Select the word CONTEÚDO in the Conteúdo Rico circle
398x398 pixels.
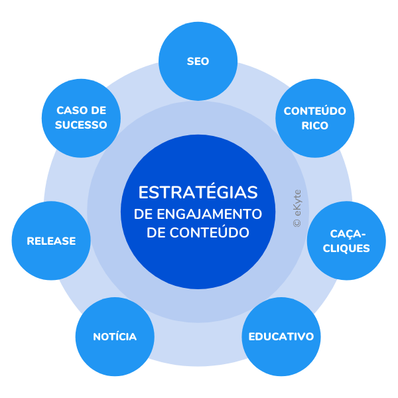(x=315, y=111)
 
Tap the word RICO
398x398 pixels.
(x=315, y=125)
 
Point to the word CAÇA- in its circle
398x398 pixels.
(x=348, y=234)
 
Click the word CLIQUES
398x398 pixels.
(x=348, y=249)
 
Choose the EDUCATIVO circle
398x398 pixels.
(x=281, y=336)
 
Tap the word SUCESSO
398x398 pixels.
(x=82, y=125)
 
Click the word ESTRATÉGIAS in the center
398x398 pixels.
(x=198, y=192)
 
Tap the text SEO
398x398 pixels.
(x=198, y=61)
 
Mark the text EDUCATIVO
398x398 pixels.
(x=281, y=336)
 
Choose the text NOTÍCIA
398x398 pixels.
(x=115, y=336)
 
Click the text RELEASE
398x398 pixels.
(x=51, y=241)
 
